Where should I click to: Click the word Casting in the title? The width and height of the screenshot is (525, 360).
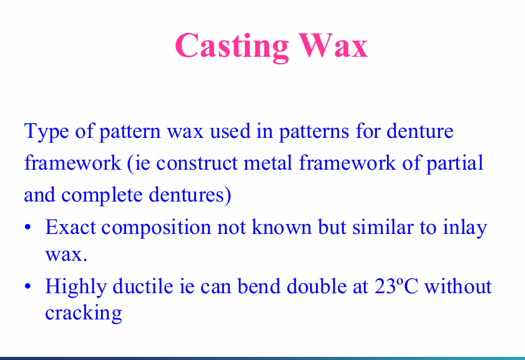point(232,46)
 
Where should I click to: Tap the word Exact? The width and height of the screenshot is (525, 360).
point(70,226)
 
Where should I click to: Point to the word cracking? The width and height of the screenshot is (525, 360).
point(83,312)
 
